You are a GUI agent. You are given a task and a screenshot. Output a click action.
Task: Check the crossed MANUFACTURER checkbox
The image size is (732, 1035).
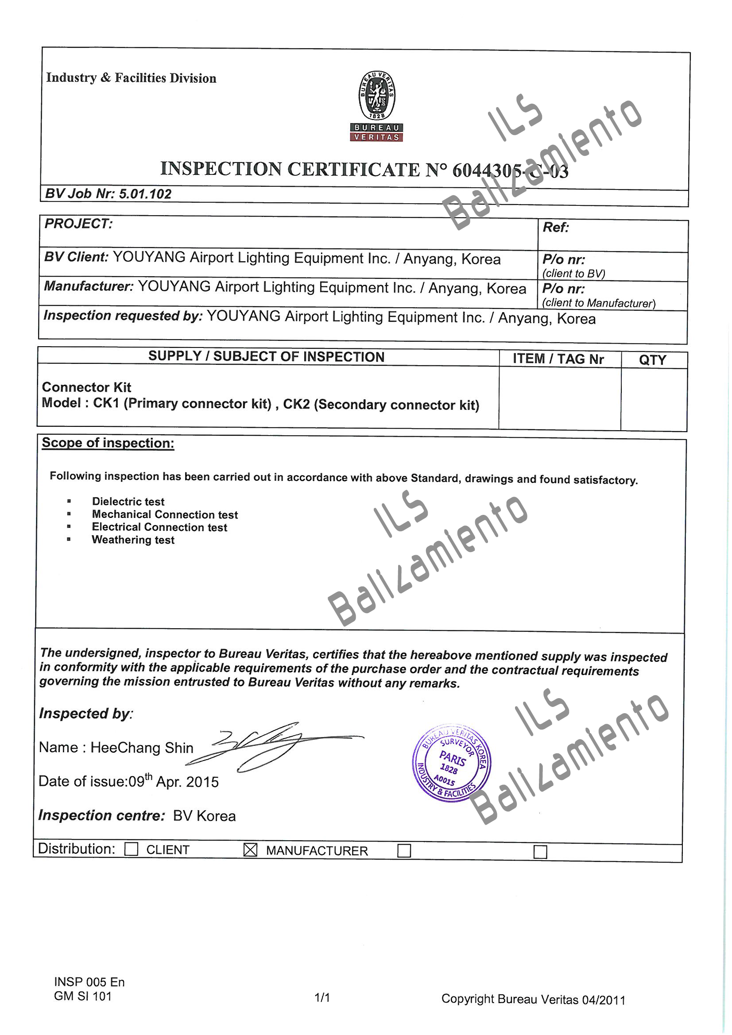point(250,850)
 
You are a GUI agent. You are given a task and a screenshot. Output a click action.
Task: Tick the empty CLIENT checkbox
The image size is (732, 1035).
point(131,849)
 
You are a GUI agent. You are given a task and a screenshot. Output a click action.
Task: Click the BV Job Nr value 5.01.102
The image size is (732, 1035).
point(145,194)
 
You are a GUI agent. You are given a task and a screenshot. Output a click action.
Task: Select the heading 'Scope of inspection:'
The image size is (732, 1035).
point(108,443)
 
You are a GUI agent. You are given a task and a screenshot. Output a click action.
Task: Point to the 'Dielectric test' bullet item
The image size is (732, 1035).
point(128,502)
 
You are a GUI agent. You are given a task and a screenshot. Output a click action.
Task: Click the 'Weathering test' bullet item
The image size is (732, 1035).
point(133,540)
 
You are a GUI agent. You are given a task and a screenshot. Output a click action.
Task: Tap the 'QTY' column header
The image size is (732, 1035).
point(652,360)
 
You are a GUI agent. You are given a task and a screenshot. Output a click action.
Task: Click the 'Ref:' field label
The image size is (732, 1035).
point(556,228)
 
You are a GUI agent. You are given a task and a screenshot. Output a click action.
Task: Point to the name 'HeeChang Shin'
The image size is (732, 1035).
point(142,748)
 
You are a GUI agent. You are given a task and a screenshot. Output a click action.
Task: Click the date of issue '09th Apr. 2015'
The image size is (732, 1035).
point(174,781)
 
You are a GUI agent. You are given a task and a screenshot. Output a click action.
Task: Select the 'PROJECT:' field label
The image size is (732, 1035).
point(78,224)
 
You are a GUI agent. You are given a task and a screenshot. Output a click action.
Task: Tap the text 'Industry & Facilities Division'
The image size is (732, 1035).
point(131,78)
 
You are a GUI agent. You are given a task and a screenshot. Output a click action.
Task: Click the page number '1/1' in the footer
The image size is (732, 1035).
point(322,997)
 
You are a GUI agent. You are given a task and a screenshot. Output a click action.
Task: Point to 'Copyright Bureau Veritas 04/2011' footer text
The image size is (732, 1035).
point(533,1000)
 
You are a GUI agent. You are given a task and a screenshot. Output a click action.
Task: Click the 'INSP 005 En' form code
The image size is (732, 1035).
point(89,982)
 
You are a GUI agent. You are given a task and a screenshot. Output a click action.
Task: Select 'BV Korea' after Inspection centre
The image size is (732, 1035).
point(204,816)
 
